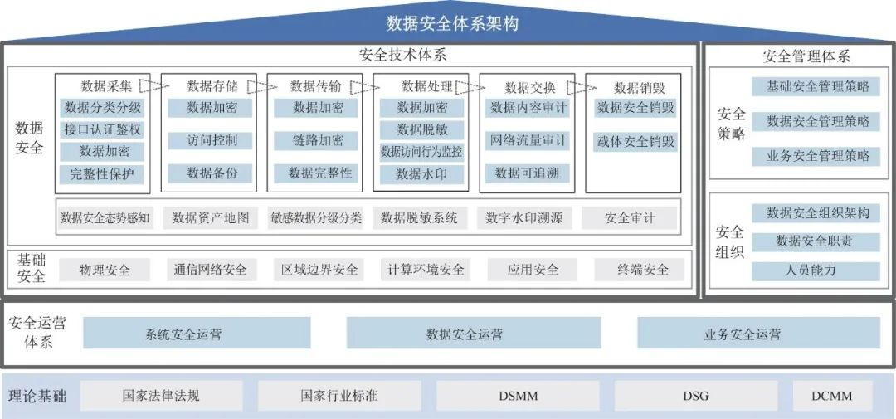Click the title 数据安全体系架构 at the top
point(452,23)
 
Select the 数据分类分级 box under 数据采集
point(103,108)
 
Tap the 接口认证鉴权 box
point(103,129)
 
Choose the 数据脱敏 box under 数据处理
point(422,129)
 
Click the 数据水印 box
point(422,174)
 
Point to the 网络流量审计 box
point(528,140)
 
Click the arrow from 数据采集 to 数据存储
point(149,85)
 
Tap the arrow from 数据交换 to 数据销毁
point(587,86)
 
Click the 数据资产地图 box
point(211,218)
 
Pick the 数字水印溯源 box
point(524,218)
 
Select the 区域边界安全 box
point(319,270)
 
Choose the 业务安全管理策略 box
point(818,156)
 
